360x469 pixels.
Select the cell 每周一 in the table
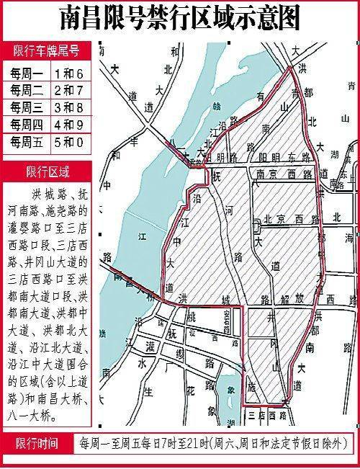point(24,73)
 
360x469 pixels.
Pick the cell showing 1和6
point(69,73)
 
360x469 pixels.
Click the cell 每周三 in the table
point(24,107)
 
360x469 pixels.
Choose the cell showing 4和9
point(69,124)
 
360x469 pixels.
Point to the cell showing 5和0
point(69,141)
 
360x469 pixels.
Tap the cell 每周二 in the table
point(24,89)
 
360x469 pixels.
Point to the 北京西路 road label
point(288,218)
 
